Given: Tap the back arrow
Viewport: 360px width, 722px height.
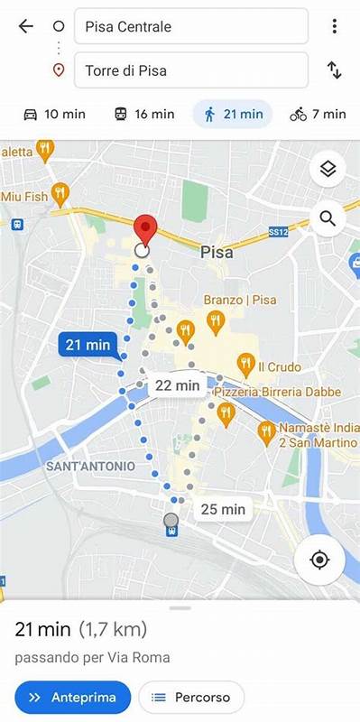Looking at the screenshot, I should point(25,26).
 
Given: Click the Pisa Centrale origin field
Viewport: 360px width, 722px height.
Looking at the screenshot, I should point(190,27).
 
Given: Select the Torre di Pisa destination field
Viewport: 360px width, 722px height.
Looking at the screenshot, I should point(190,69).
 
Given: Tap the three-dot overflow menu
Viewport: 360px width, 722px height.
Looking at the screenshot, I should point(334,26).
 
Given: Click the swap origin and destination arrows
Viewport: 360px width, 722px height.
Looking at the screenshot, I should point(334,69).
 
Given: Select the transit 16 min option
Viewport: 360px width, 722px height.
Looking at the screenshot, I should point(143,114).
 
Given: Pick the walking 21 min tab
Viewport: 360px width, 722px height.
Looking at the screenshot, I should point(233,114).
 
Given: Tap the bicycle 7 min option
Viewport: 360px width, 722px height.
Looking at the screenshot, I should point(318,114).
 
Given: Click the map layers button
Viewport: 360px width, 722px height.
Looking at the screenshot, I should point(328,169).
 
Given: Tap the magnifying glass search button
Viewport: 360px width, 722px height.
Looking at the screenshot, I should point(328,218).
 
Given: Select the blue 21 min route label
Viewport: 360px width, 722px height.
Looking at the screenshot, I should point(88,344).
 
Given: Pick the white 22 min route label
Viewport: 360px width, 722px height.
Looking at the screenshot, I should point(177,385).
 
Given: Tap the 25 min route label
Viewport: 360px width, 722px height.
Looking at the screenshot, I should point(222,509).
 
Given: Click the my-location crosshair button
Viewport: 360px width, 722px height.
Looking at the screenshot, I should point(319,560).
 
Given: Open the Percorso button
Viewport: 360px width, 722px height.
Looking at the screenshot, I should point(190,697).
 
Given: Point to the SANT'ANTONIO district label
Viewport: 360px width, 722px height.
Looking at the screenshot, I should point(90,466).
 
